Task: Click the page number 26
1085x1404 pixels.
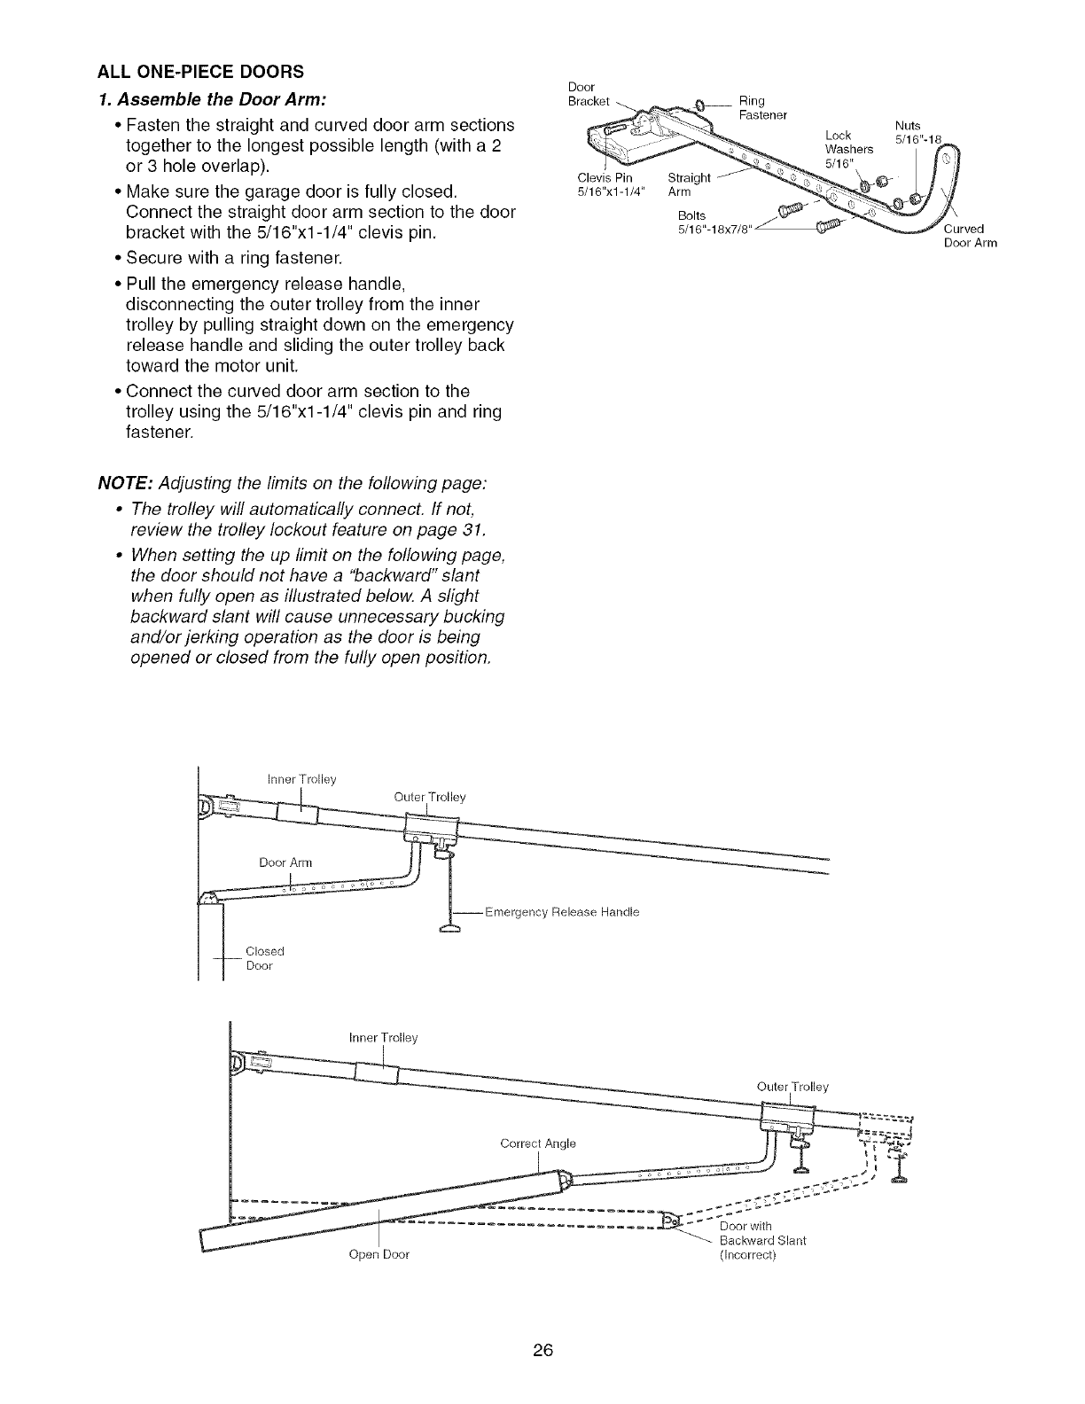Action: pos(542,1351)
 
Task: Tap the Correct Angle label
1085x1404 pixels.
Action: pos(538,1144)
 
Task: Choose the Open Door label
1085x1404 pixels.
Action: pos(379,1255)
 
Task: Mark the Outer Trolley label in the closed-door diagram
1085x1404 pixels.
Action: pos(429,797)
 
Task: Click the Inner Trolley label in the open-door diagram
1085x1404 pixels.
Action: pos(383,1038)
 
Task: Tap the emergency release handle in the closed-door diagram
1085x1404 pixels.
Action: pos(452,927)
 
